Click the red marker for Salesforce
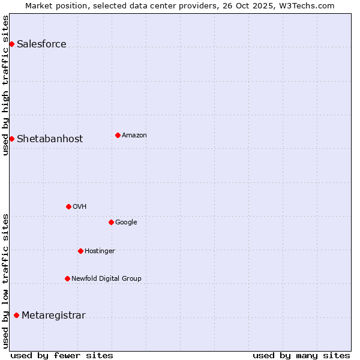pos(11,44)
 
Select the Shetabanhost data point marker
pos(11,139)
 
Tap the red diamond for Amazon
pos(118,135)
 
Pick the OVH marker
pos(68,206)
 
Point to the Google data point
pos(111,222)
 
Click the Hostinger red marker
pos(80,251)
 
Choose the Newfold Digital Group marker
pos(67,278)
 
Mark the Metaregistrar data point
pos(16,315)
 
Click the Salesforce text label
pos(41,44)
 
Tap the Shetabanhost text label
pos(50,139)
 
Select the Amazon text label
pos(134,135)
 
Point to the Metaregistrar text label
pos(53,315)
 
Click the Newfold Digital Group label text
pos(106,278)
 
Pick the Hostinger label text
pos(100,251)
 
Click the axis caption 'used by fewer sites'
pos(62,355)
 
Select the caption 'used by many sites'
pos(301,355)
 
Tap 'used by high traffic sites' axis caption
pos(6,85)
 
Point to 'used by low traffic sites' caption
pos(6,281)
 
